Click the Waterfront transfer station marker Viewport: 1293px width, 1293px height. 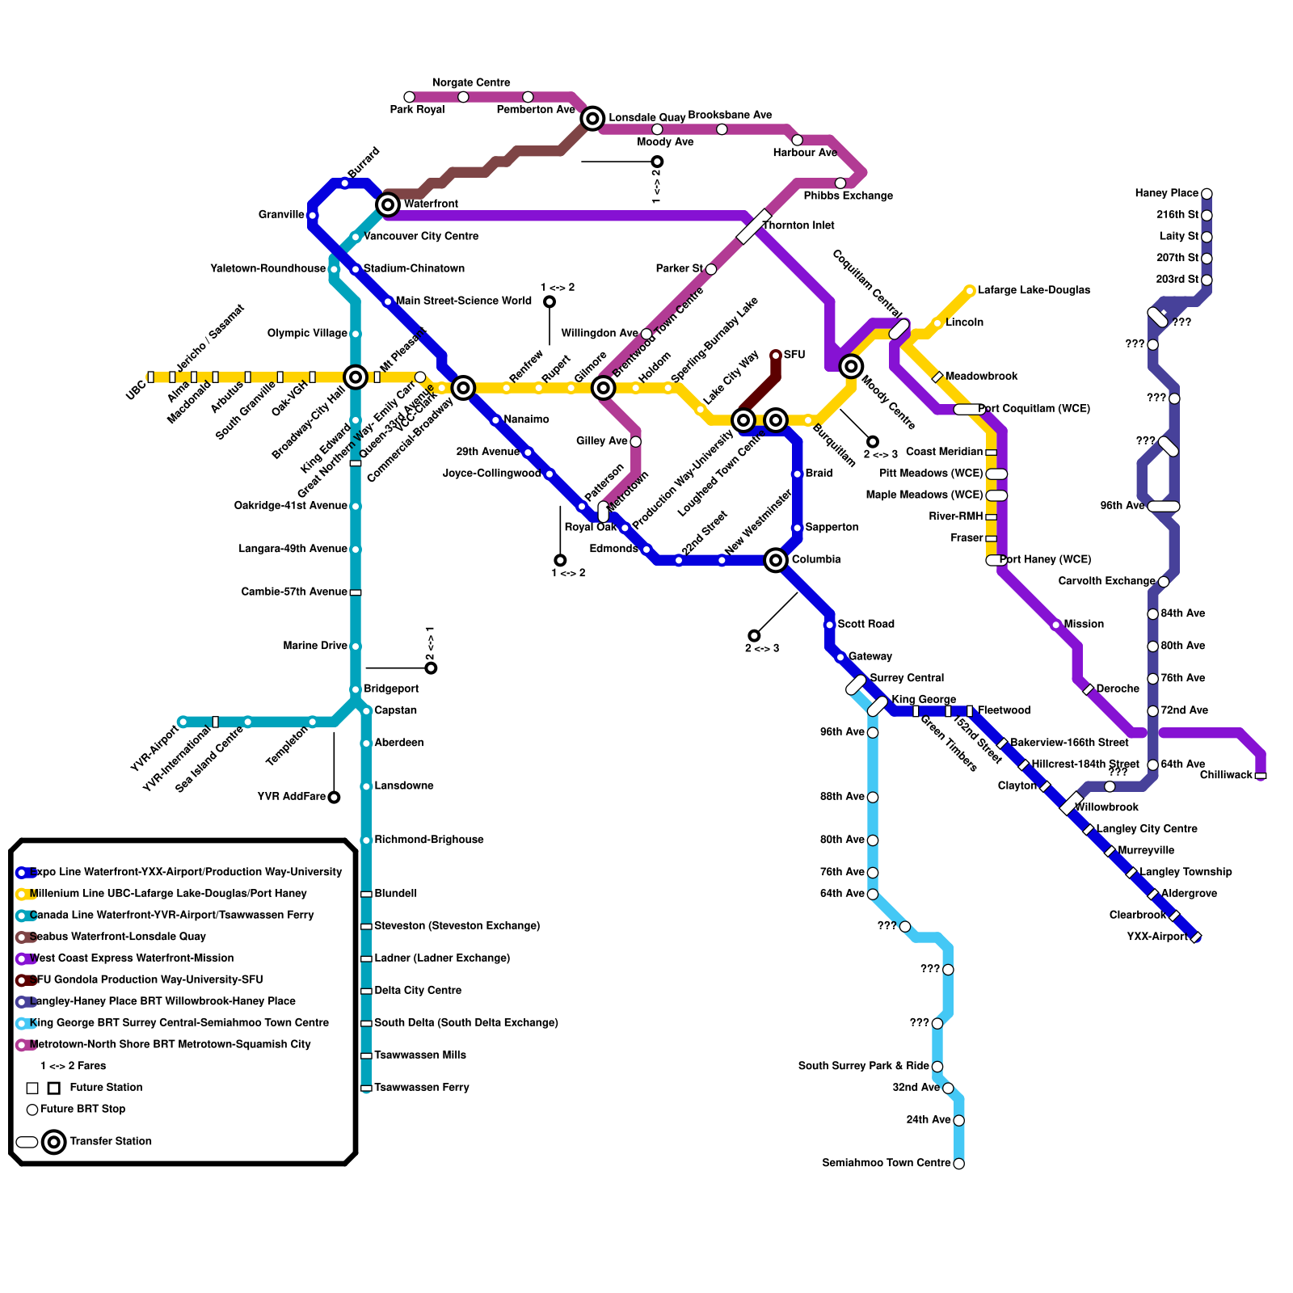click(388, 204)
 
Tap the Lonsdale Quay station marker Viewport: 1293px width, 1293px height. click(592, 119)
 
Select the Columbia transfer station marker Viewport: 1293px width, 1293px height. click(776, 559)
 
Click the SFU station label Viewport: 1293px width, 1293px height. click(794, 355)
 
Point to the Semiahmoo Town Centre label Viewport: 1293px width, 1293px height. click(886, 1163)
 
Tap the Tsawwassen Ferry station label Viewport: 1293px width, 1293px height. click(421, 1088)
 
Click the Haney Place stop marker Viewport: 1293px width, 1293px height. click(1207, 194)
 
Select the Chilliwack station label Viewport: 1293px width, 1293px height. click(1225, 775)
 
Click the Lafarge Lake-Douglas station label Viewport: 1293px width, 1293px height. click(1034, 290)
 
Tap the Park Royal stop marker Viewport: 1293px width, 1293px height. click(410, 97)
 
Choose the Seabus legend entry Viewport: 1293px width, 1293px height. click(117, 937)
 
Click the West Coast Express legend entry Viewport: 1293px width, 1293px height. click(131, 958)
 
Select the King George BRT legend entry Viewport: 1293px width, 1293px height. click(179, 1023)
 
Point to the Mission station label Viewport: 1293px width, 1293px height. click(1084, 624)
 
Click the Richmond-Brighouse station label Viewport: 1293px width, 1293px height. click(428, 840)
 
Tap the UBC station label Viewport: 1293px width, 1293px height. click(136, 390)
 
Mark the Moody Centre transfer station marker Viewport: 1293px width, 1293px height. click(851, 366)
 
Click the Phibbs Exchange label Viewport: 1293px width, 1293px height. click(848, 196)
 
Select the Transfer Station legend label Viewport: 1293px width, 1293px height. click(111, 1141)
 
